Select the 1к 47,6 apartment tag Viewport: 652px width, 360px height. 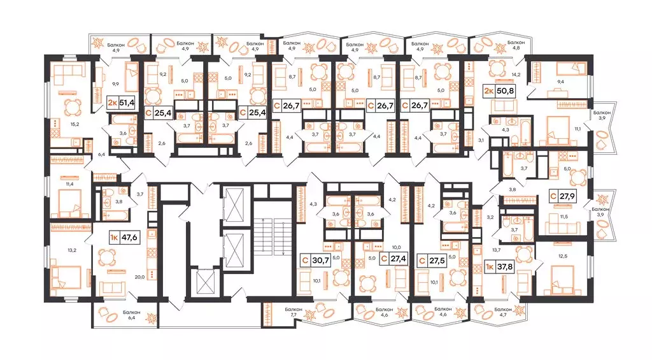coord(124,238)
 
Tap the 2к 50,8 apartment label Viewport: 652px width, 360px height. coord(499,90)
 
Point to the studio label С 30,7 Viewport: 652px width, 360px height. coord(315,261)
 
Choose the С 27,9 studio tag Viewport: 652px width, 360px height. coord(564,196)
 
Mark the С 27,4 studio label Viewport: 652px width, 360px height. coord(393,259)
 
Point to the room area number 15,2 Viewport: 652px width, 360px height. coord(75,124)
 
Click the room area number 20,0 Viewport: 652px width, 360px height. coord(140,277)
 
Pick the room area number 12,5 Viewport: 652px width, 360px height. coord(563,256)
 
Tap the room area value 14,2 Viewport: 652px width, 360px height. coord(516,75)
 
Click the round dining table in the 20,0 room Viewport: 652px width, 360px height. coord(108,257)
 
